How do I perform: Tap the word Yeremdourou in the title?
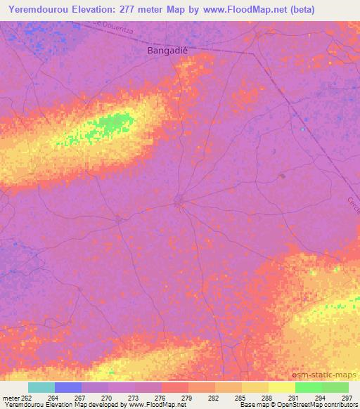click(40, 9)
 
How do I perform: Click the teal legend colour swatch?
click(41, 387)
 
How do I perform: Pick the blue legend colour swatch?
click(68, 387)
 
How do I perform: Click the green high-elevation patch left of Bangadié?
click(112, 125)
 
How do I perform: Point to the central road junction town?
click(179, 202)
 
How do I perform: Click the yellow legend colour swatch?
click(282, 387)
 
